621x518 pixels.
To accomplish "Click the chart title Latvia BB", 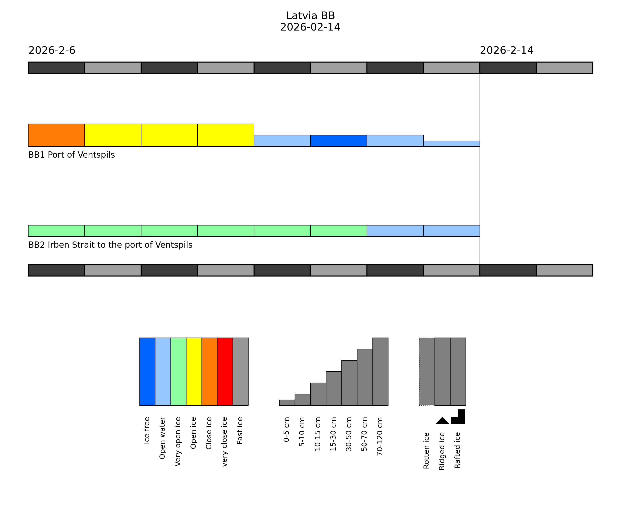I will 310,16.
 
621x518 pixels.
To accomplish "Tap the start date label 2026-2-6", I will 52,51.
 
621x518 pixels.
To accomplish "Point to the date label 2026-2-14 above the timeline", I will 507,51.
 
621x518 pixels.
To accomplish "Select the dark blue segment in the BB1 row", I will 339,141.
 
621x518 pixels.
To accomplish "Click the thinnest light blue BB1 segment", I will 452,144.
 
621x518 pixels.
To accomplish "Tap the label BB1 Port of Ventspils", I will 72,155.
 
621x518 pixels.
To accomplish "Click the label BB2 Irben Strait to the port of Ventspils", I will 110,245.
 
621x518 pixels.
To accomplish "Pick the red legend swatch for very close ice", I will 225,372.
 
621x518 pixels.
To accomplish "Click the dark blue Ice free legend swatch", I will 147,372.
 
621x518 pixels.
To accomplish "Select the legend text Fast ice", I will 240,430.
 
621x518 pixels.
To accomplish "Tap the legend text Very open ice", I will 178,442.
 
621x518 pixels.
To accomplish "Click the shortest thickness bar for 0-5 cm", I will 287,403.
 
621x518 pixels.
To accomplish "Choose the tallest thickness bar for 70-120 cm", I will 380,372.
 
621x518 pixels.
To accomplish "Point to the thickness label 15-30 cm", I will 333,434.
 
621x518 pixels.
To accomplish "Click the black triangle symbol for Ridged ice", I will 442,421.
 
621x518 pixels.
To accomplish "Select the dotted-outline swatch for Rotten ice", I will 427,372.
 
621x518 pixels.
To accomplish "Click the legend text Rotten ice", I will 426,451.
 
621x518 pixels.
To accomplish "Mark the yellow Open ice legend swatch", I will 194,372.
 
